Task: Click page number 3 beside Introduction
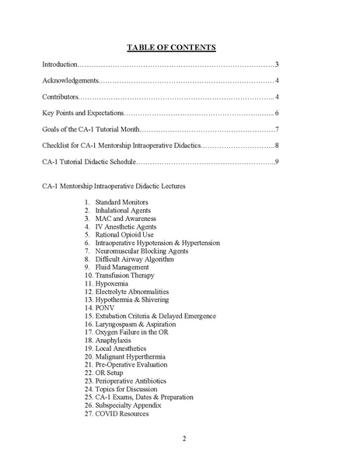[x=277, y=64]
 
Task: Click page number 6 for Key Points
[x=277, y=113]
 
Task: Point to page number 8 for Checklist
[x=277, y=145]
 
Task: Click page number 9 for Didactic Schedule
[x=277, y=162]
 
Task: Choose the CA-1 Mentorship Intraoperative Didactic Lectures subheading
[x=114, y=187]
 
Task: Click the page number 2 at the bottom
[x=184, y=439]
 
